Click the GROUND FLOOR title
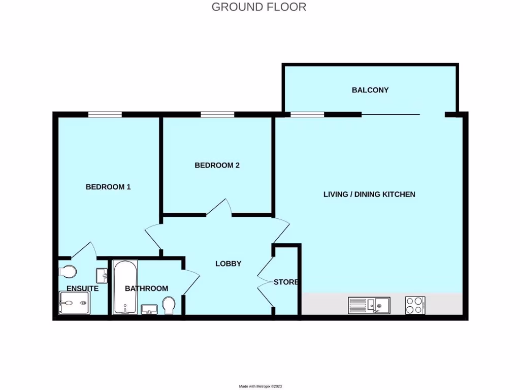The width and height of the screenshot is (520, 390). point(258,7)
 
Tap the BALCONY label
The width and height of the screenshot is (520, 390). point(370,90)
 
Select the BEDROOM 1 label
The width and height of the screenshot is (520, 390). point(108,187)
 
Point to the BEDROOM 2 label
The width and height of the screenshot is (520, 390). point(217,165)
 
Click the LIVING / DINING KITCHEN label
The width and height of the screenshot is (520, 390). point(369,194)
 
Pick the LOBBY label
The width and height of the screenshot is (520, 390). point(228,264)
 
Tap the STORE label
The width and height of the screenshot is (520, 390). point(286,282)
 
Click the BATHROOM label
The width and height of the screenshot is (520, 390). point(146,288)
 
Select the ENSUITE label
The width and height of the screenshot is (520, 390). point(82,288)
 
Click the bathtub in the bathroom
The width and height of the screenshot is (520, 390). point(124,287)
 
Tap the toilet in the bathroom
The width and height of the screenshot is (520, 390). point(169,305)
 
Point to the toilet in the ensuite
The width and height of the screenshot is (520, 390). point(67,271)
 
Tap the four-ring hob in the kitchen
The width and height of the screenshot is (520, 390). point(415,305)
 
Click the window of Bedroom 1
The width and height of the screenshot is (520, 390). point(105,115)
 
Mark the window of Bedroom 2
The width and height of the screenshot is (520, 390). point(217,115)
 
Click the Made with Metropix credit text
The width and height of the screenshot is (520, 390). point(259,386)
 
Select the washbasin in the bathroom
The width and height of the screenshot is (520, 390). point(149,309)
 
